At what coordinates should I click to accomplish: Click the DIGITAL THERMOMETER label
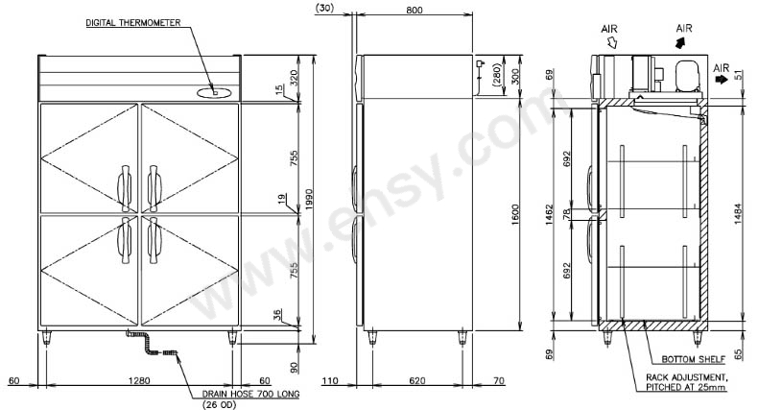(x=133, y=23)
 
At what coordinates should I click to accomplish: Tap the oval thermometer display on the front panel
(x=215, y=92)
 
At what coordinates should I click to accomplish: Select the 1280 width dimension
(x=139, y=380)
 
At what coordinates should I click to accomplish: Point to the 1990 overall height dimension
(x=309, y=200)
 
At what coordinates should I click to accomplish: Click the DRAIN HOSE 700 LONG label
(x=250, y=394)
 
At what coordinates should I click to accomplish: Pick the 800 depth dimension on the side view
(x=415, y=10)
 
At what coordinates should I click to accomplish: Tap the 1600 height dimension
(x=515, y=214)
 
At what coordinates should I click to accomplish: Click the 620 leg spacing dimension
(x=417, y=380)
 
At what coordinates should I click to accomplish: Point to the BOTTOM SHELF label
(x=693, y=359)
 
